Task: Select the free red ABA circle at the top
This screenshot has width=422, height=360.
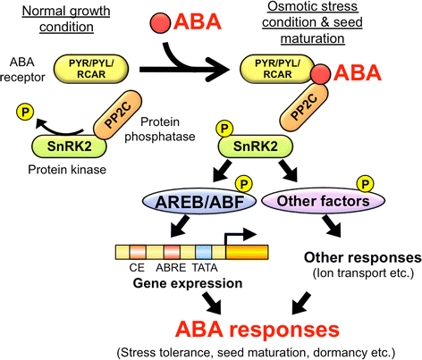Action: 141,22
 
